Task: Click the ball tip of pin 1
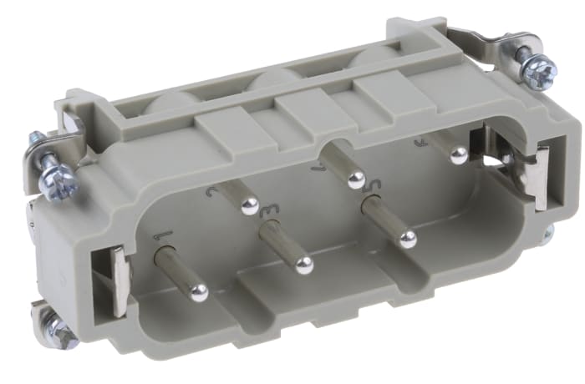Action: (x=199, y=292)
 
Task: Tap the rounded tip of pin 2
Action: (x=249, y=206)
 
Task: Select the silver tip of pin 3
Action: (x=305, y=265)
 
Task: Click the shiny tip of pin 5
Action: (x=407, y=240)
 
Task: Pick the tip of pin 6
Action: (x=458, y=154)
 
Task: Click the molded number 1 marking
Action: (x=164, y=238)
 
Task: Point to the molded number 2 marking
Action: (x=213, y=189)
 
